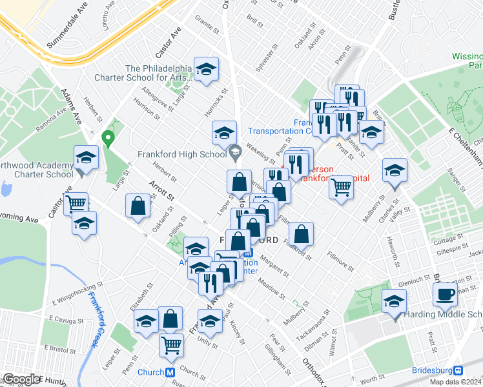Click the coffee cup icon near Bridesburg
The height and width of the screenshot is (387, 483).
[x=444, y=294]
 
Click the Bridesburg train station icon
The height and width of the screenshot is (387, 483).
[x=457, y=371]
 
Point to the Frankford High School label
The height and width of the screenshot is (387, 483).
[x=181, y=154]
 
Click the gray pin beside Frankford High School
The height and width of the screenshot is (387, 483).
[x=234, y=153]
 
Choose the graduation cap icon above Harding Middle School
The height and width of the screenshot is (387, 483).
[x=394, y=301]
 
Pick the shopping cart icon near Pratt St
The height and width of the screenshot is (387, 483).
[x=341, y=187]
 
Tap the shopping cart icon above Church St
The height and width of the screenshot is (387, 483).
[x=171, y=344]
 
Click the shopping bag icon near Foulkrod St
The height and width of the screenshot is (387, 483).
[x=302, y=233]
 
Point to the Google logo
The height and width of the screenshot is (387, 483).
[x=22, y=379]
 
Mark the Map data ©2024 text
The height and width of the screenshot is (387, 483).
[x=455, y=382]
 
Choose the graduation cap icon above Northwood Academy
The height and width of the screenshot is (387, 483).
[x=85, y=157]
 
